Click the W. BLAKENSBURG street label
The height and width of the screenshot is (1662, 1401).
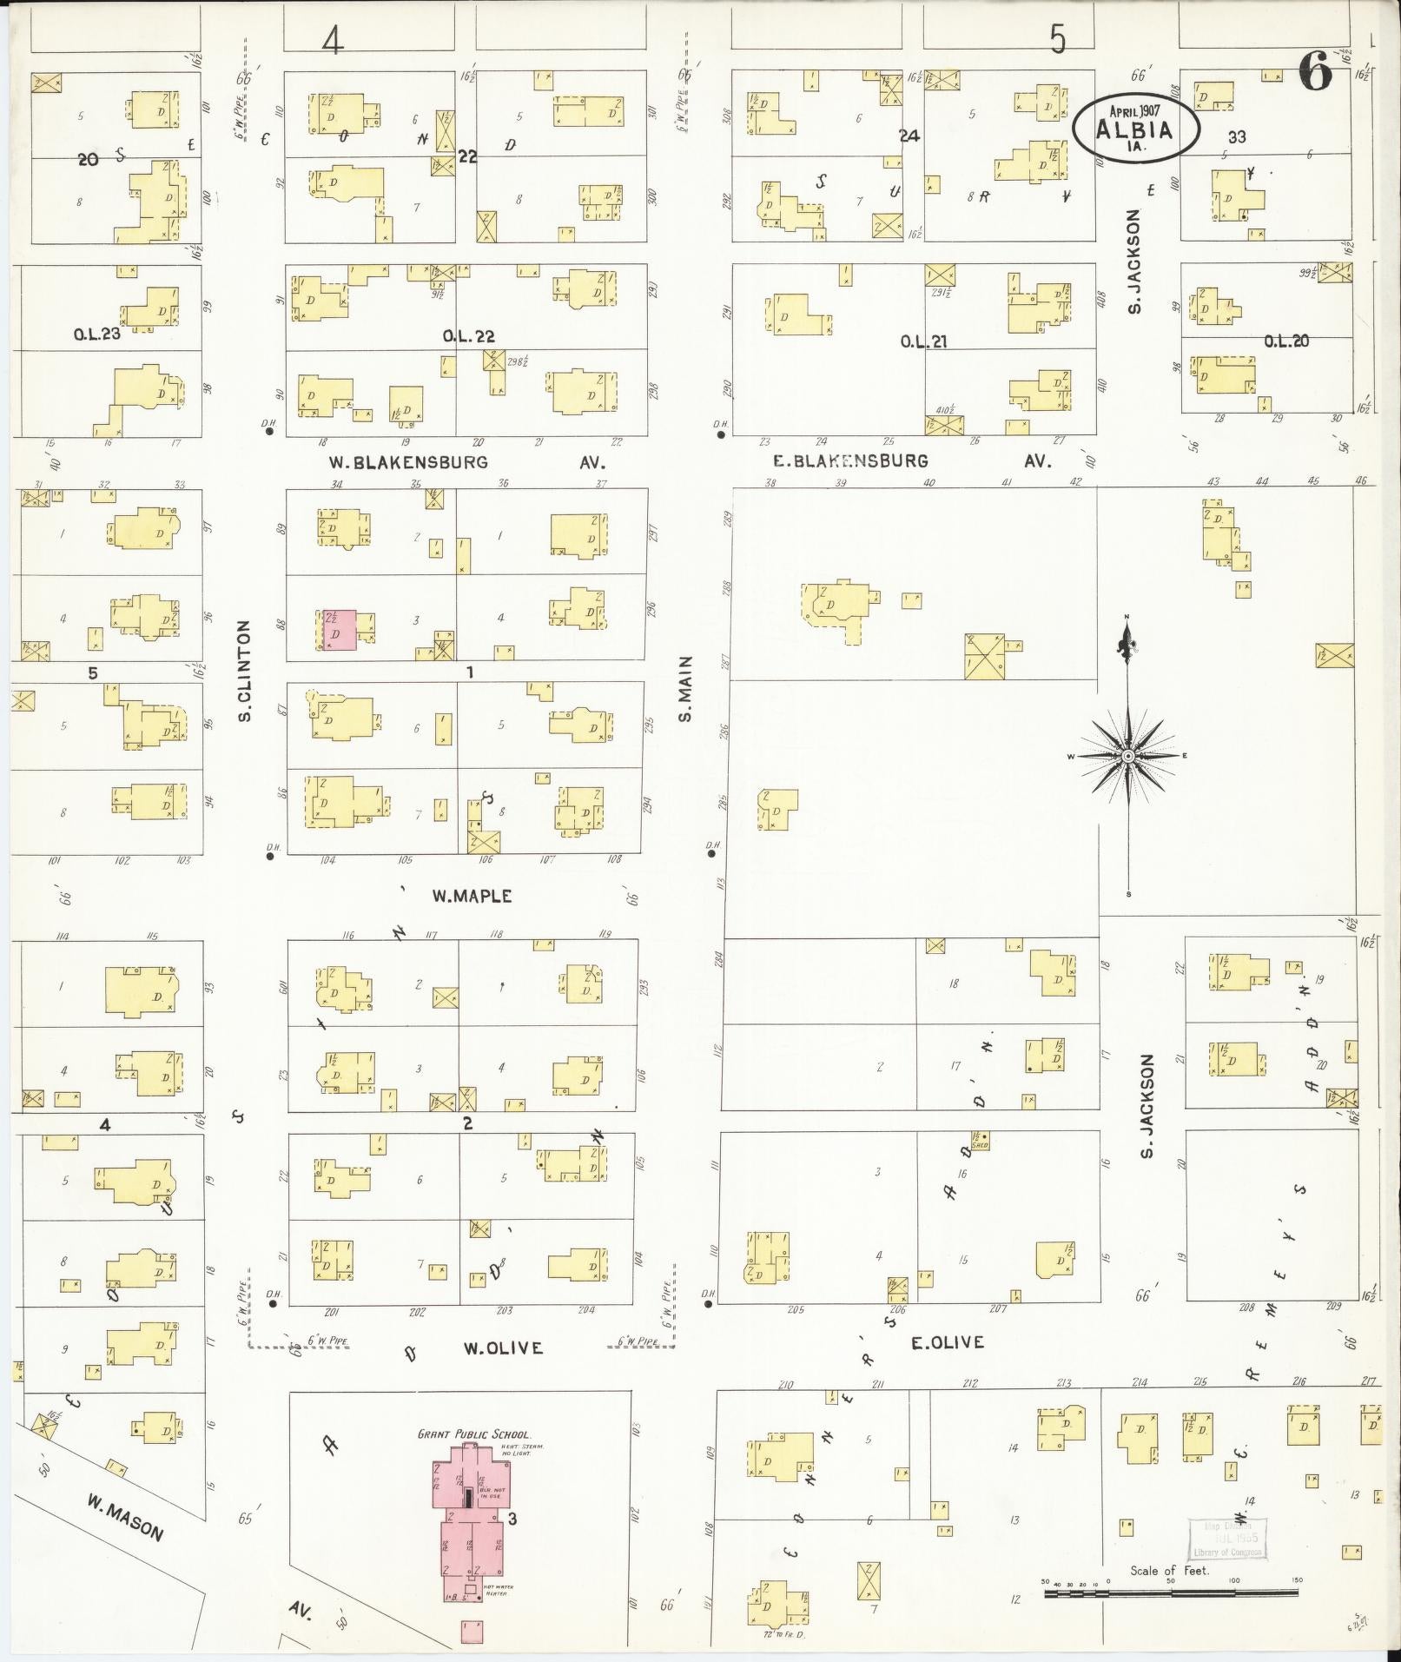click(x=408, y=462)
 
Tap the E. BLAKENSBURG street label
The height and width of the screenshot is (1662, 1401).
click(x=850, y=461)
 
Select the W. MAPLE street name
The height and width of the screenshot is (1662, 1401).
click(x=472, y=896)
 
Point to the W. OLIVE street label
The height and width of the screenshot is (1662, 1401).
click(x=503, y=1348)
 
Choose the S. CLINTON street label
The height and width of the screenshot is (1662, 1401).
click(x=245, y=671)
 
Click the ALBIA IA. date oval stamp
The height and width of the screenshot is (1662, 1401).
click(x=1135, y=129)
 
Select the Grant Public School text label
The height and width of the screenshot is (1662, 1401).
click(x=473, y=1434)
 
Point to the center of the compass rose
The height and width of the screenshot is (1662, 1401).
click(x=1127, y=757)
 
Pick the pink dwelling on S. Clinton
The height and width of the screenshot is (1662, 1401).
click(x=339, y=630)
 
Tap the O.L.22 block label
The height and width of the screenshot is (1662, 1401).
click(x=469, y=336)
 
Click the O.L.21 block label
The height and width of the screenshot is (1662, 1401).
click(x=923, y=341)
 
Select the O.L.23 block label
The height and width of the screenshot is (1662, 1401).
click(x=98, y=331)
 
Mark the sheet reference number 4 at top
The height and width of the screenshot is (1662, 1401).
click(x=333, y=39)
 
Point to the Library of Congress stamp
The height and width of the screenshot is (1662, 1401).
click(x=1226, y=1540)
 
